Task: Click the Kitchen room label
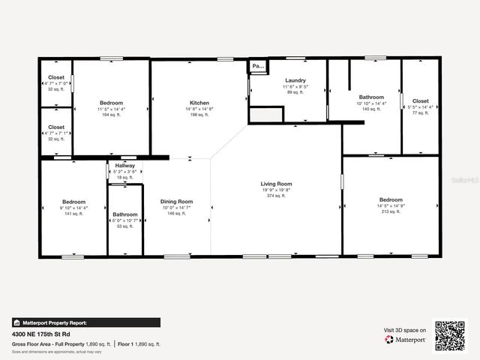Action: pyautogui.click(x=199, y=103)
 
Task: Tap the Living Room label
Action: pyautogui.click(x=276, y=184)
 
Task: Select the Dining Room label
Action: pyautogui.click(x=177, y=201)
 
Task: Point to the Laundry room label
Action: pyautogui.click(x=295, y=80)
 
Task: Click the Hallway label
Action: pyautogui.click(x=125, y=166)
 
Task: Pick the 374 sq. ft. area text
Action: pyautogui.click(x=276, y=196)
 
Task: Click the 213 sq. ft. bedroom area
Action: pyautogui.click(x=390, y=211)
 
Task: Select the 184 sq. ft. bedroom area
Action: pyautogui.click(x=111, y=115)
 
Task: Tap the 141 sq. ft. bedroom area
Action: pyautogui.click(x=73, y=214)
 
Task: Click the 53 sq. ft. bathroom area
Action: pyautogui.click(x=125, y=226)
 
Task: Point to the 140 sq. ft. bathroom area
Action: pyautogui.click(x=371, y=109)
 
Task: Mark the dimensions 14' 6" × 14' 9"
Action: pyautogui.click(x=199, y=109)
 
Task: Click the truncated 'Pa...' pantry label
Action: pyautogui.click(x=258, y=66)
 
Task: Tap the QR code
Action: pyautogui.click(x=450, y=335)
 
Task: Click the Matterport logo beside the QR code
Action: pyautogui.click(x=405, y=340)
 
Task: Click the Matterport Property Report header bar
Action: pyautogui.click(x=85, y=322)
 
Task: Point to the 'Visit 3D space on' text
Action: pyautogui.click(x=405, y=330)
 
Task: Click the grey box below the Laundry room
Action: pyautogui.click(x=265, y=115)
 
